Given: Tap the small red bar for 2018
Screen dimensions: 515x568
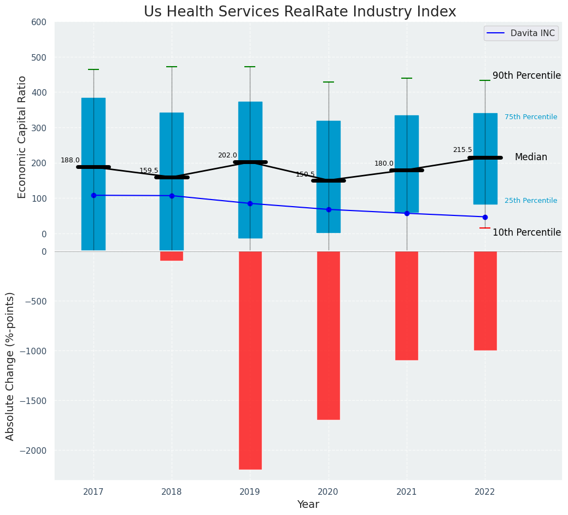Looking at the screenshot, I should pos(172,256).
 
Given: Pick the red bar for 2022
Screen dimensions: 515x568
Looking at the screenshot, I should pos(485,301).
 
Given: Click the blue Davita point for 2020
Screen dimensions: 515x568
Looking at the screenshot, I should pos(329,209).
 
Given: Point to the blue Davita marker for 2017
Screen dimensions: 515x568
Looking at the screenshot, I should pos(93,195).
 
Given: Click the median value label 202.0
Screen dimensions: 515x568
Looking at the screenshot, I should pos(227,155).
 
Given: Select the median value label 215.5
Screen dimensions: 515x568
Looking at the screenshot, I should pos(462,150).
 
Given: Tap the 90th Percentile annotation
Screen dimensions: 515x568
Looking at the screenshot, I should pos(526,75).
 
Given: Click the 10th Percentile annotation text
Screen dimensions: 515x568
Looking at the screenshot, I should pos(526,232).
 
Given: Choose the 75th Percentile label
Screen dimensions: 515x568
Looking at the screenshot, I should pos(531,117).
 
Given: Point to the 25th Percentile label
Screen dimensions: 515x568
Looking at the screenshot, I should pos(531,201).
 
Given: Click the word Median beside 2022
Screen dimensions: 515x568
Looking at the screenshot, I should pos(531,157).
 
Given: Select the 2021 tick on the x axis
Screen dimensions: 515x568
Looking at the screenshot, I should pos(407,492).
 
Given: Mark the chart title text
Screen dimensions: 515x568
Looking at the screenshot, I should pos(300,11).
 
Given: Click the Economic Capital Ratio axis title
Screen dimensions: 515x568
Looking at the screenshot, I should pos(22,137).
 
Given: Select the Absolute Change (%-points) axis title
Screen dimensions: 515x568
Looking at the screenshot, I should pos(10,366).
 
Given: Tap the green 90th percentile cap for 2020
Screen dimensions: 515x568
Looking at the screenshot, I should pos(329,82).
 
